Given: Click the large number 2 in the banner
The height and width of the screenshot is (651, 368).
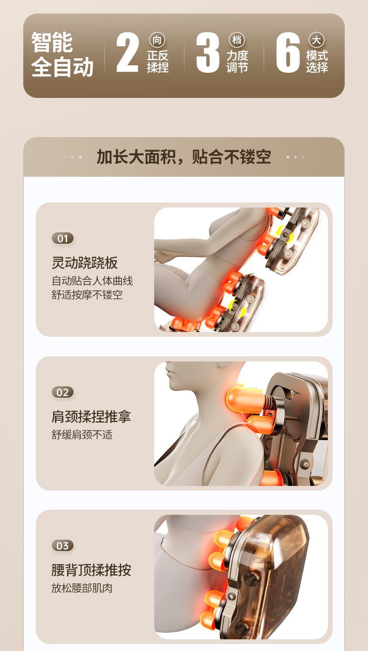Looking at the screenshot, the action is pos(128,52).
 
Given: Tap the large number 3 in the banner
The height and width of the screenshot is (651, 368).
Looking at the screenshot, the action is pos(207,52).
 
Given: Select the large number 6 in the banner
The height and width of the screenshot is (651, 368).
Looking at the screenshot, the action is pos(287,52).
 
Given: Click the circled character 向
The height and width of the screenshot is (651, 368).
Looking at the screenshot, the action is pos(157,40).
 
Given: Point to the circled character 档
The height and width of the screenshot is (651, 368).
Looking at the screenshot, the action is pos(237,40).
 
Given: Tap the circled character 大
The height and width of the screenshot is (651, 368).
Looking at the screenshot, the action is pos(316,40).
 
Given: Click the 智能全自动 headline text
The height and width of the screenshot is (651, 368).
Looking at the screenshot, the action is pos(62,55).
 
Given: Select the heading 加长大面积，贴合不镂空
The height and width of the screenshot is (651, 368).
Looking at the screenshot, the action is pos(184,157).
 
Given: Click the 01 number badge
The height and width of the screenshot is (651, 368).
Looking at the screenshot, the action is pos(63,239).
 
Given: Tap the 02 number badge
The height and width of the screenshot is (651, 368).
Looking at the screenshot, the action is pos(63,392).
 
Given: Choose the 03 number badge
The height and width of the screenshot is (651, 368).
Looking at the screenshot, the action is pos(63,546).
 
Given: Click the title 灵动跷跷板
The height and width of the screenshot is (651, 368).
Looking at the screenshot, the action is pos(85,263).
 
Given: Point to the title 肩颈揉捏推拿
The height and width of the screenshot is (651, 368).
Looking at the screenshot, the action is pos(91,416).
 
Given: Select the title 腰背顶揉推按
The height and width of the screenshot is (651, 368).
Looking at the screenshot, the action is pos(91,570).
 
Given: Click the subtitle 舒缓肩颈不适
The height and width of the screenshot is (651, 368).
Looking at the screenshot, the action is pos(82,435).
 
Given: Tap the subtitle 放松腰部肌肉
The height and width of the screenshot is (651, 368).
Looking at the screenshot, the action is pos(82,588).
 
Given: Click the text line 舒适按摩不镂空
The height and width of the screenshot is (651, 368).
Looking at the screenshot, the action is pos(87,295).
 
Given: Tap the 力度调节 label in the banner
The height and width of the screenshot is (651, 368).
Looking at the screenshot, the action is pos(238,62).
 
